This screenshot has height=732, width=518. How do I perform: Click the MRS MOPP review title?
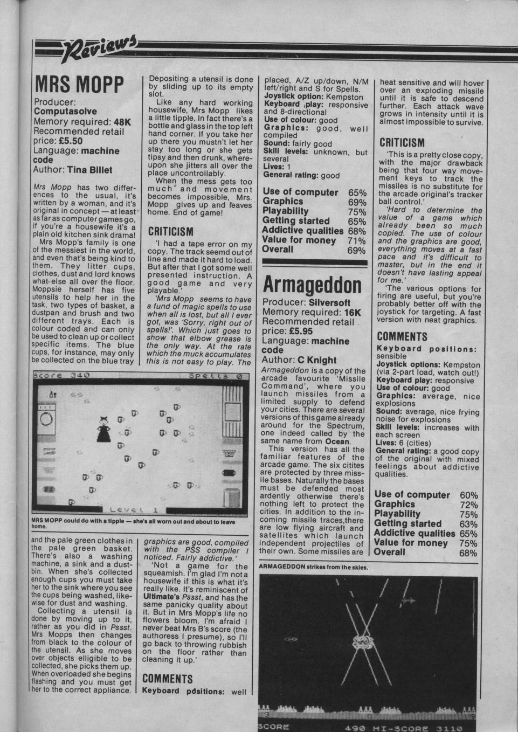(79, 85)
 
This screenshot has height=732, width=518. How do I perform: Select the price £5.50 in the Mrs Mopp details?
(71, 141)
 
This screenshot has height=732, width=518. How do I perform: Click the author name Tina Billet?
(89, 170)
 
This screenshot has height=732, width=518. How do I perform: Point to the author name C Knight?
(317, 360)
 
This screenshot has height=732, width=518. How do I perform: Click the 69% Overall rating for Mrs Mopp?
(357, 251)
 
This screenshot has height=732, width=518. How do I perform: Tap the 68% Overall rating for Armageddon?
(468, 553)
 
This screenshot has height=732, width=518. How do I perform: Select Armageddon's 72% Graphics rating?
(468, 505)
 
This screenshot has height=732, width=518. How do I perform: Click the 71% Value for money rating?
(357, 240)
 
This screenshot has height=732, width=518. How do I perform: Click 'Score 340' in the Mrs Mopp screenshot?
(61, 375)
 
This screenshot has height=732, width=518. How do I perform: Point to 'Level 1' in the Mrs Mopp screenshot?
(133, 509)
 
